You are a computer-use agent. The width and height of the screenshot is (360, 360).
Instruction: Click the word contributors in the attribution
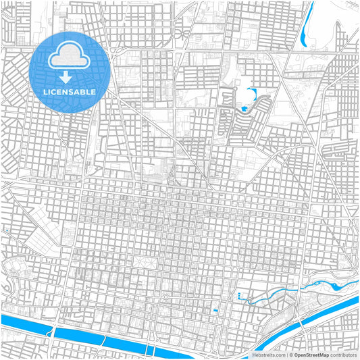tap(343, 355)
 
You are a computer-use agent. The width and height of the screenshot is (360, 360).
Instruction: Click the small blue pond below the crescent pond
tap(243, 107)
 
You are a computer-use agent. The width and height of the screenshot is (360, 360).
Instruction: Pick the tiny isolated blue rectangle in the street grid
tap(215, 310)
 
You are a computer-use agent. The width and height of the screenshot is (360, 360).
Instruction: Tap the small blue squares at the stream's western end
tap(240, 296)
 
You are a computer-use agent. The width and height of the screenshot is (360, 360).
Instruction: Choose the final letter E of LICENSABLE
tap(93, 91)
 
